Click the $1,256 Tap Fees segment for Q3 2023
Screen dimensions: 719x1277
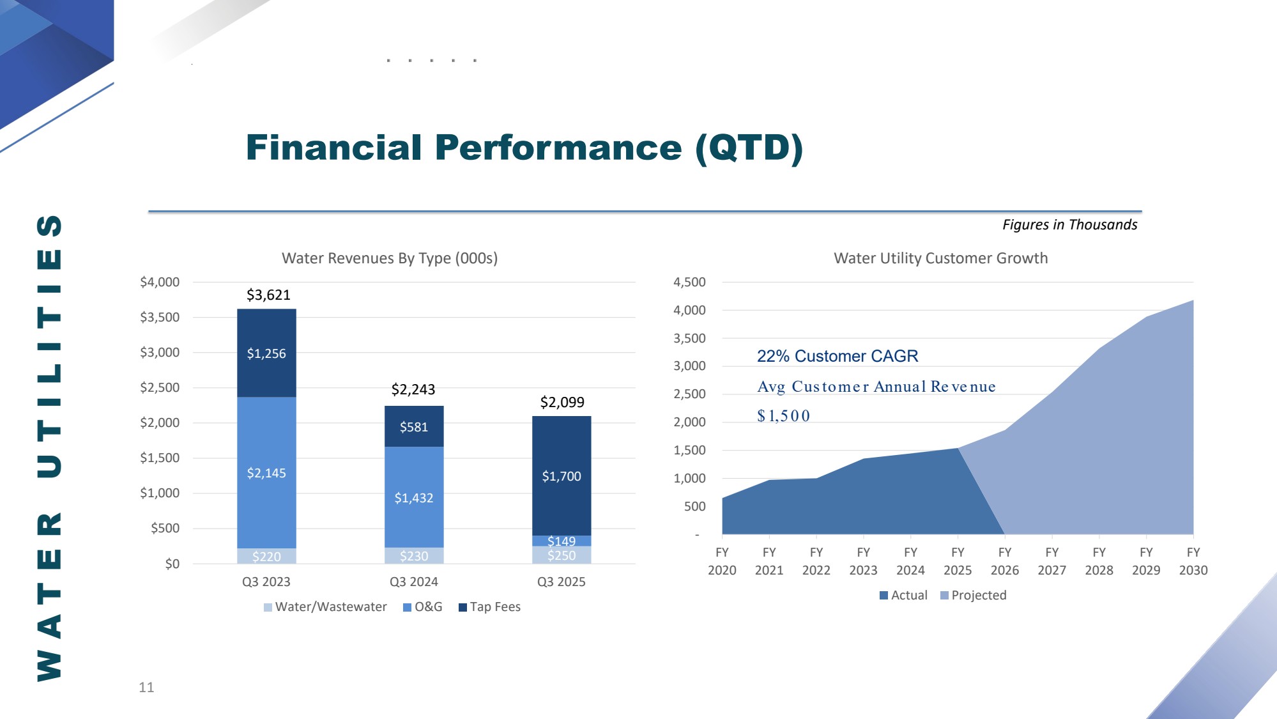[x=266, y=353]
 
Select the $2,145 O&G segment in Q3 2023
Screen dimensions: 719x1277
[x=266, y=473]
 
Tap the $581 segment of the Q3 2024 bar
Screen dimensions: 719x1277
[x=414, y=427]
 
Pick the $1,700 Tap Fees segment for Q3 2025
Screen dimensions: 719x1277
[x=562, y=476]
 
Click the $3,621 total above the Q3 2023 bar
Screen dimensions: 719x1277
[x=268, y=295]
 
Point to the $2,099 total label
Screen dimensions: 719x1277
[x=562, y=402]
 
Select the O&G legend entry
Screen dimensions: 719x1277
[x=423, y=607]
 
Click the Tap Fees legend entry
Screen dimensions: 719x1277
[x=490, y=607]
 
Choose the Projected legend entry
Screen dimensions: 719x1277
[x=974, y=595]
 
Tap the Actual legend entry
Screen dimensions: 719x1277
[x=903, y=595]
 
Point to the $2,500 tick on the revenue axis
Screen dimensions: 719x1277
[x=160, y=387]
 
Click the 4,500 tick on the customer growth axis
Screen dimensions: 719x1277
[x=689, y=282]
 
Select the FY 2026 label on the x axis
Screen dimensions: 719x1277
[x=1005, y=561]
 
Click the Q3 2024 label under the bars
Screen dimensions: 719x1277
[x=414, y=582]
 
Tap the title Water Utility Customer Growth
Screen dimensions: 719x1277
[x=940, y=258]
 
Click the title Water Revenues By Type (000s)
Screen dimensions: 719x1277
[x=390, y=258]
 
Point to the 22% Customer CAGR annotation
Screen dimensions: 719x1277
[x=837, y=356]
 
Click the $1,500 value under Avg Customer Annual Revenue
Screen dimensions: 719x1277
[x=783, y=416]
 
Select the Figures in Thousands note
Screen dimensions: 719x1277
[x=1069, y=224]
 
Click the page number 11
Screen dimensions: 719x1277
[x=146, y=687]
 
